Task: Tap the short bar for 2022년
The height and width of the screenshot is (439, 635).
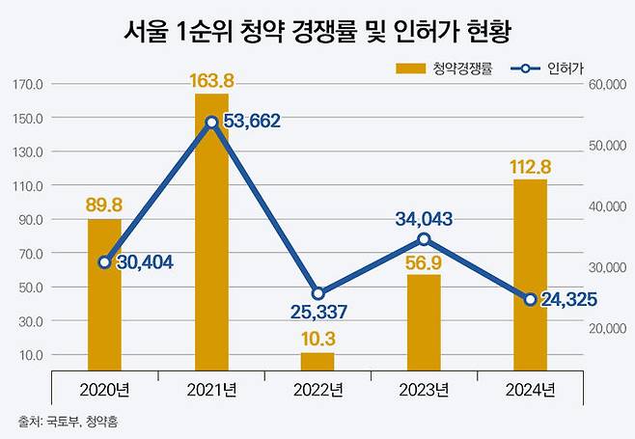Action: pos(317,362)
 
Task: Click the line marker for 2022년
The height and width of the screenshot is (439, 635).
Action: pos(317,293)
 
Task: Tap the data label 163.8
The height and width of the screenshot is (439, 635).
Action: pos(211,79)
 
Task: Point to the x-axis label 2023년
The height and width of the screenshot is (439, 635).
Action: pos(424,390)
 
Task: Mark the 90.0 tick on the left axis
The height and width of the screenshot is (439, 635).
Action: pos(31,219)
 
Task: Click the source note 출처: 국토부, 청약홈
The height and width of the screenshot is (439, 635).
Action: pos(72,422)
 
